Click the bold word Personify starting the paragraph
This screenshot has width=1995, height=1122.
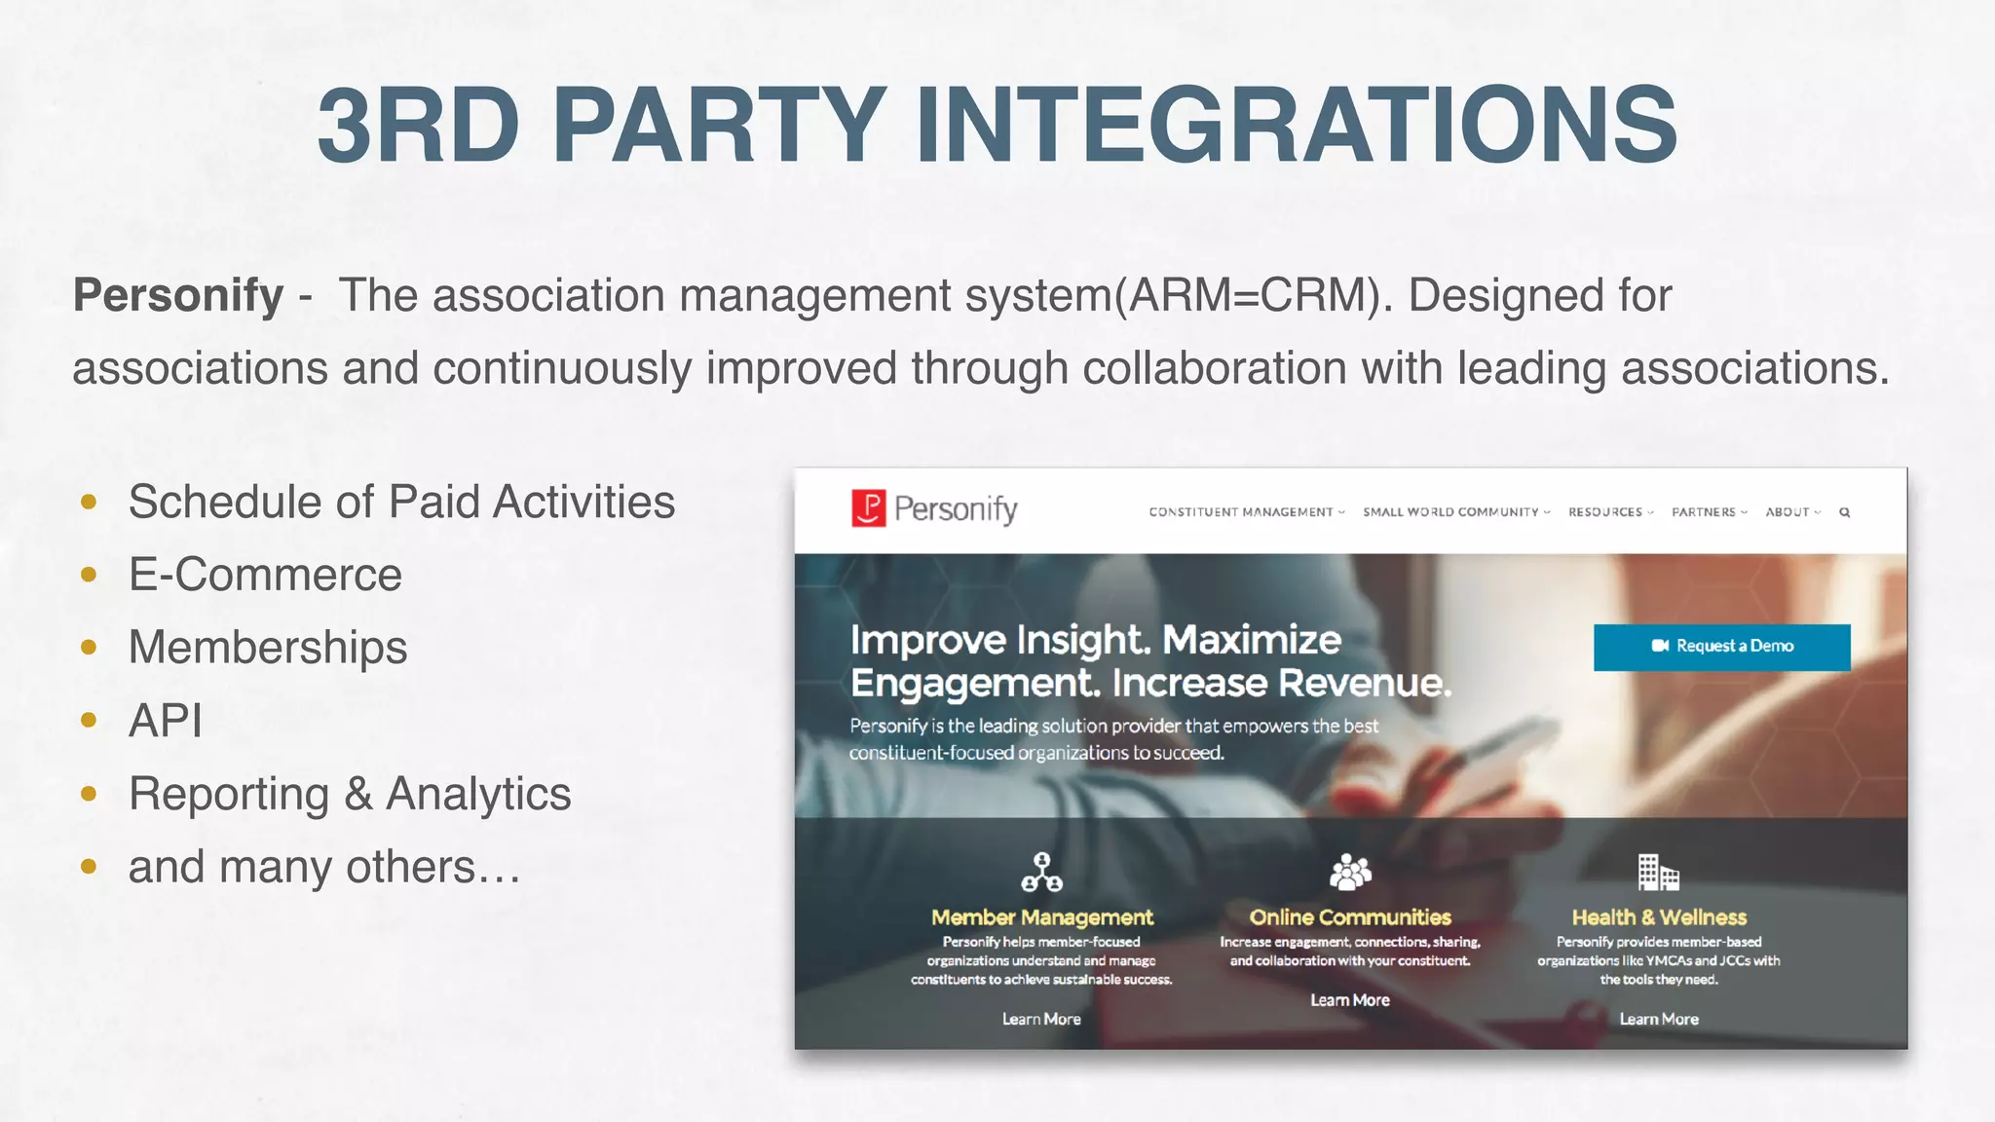[x=178, y=295]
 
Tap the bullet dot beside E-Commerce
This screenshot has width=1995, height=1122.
[x=89, y=575]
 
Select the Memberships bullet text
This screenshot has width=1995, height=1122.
[x=268, y=648]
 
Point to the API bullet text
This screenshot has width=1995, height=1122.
[x=166, y=721]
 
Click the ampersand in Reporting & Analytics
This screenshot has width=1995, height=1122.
[x=358, y=794]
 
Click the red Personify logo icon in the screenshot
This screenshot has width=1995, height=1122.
[x=868, y=508]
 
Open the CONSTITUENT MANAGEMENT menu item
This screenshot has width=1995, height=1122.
[x=1241, y=512]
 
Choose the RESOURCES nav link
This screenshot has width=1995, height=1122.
[x=1605, y=512]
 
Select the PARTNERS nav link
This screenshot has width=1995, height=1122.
[x=1704, y=512]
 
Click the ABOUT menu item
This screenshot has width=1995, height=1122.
[x=1788, y=512]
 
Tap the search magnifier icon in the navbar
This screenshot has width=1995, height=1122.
[x=1844, y=512]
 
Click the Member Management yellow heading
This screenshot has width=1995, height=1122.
[x=1041, y=917]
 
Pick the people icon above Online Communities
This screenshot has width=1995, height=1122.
[x=1350, y=873]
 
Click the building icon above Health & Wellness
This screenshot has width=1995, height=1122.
[x=1658, y=873]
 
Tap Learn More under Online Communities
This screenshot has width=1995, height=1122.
[x=1350, y=1000]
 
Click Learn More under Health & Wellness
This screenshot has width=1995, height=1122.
[x=1659, y=1019]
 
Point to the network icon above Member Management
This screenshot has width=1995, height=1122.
[x=1041, y=873]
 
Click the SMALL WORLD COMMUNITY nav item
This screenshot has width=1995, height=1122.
[x=1450, y=512]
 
